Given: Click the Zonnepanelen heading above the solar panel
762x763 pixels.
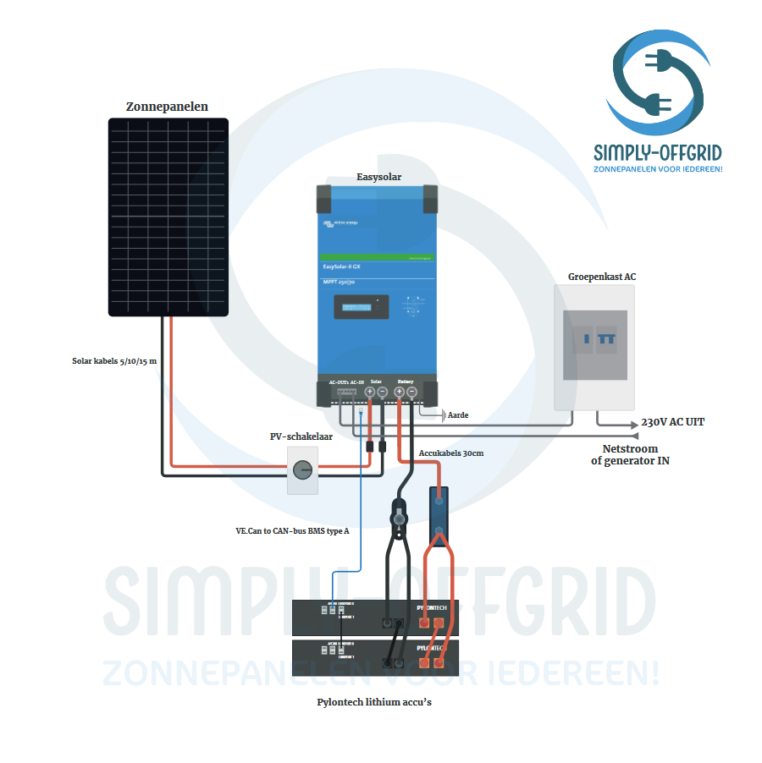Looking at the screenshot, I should point(167,107).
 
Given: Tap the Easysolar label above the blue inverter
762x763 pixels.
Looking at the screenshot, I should point(378,177).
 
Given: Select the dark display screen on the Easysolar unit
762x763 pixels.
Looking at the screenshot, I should point(361,306).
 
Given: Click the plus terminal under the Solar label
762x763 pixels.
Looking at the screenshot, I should point(370,392).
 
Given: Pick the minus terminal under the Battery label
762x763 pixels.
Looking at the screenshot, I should point(411,392).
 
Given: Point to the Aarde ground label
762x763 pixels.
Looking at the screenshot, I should point(458,415).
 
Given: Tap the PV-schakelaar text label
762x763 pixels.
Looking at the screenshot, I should point(301,437).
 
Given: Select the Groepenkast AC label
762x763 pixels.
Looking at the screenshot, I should point(602,277).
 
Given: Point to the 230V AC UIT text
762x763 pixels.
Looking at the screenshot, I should point(672,421).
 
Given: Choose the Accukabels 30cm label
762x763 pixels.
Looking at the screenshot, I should point(451,453).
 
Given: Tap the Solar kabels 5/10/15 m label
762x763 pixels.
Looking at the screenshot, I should point(114,361).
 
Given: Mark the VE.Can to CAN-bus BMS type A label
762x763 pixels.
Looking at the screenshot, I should point(292,531).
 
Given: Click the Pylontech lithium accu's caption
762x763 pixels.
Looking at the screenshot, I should point(374,702).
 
